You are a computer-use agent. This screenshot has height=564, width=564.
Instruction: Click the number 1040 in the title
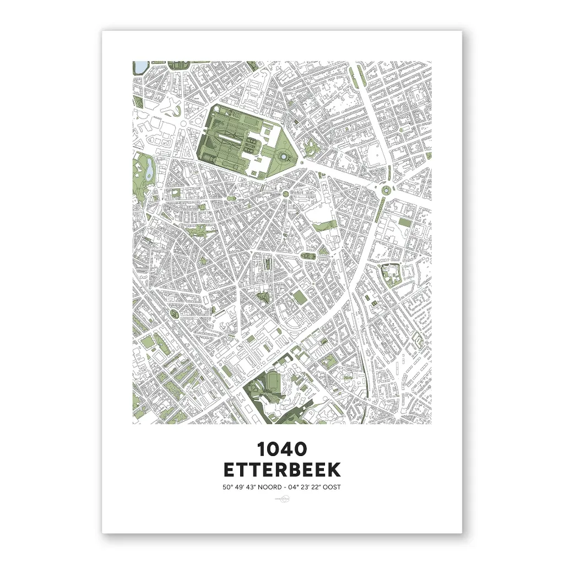[282, 449]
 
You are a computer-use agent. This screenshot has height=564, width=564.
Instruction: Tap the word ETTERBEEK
[282, 470]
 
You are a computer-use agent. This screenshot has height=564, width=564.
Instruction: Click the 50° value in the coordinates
[227, 487]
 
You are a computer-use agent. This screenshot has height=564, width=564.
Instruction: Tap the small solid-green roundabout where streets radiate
[285, 194]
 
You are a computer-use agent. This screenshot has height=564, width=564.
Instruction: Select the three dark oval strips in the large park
[251, 147]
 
